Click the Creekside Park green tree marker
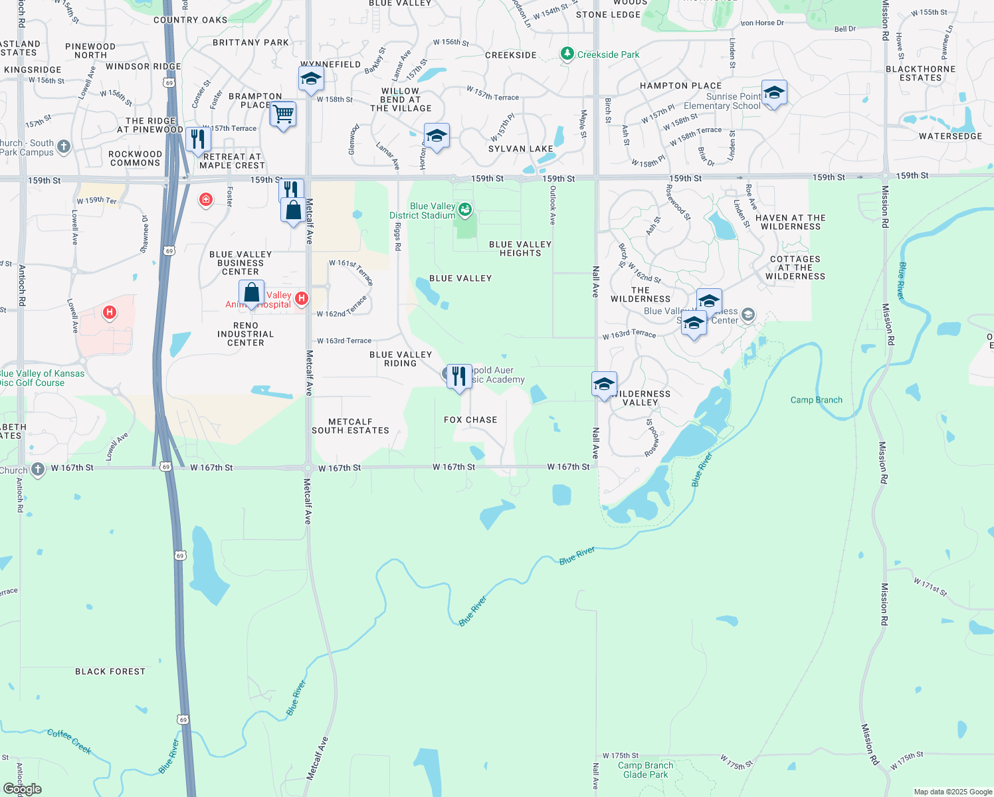(567, 54)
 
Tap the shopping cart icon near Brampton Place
(283, 114)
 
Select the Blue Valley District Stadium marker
(465, 211)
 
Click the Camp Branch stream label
(816, 400)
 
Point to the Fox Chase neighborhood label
(470, 420)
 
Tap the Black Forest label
(110, 671)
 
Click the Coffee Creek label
(69, 741)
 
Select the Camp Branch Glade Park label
(645, 770)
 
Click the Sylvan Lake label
(520, 149)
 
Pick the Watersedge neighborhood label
(950, 136)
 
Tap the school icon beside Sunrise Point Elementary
(774, 93)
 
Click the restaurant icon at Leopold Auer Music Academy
(459, 376)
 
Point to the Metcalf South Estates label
(350, 426)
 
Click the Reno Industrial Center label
(245, 334)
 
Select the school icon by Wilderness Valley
(604, 384)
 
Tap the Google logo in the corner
(23, 789)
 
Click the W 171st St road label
(930, 586)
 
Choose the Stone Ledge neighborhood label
(608, 15)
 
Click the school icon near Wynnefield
(311, 79)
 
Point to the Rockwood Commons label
(135, 158)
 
